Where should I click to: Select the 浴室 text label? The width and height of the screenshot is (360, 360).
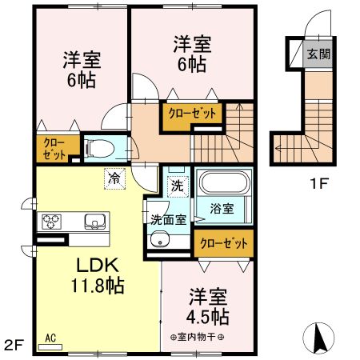pyautogui.click(x=222, y=209)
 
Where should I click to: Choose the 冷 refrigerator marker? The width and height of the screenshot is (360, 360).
pyautogui.click(x=114, y=178)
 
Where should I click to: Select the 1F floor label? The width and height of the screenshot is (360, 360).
pyautogui.click(x=319, y=183)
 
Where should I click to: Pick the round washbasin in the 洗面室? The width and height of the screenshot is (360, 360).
pyautogui.click(x=162, y=239)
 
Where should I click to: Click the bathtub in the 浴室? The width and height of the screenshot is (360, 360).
pyautogui.click(x=224, y=186)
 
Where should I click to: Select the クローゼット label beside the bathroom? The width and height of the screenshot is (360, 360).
pyautogui.click(x=221, y=242)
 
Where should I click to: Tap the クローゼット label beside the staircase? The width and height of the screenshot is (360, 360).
pyautogui.click(x=192, y=113)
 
